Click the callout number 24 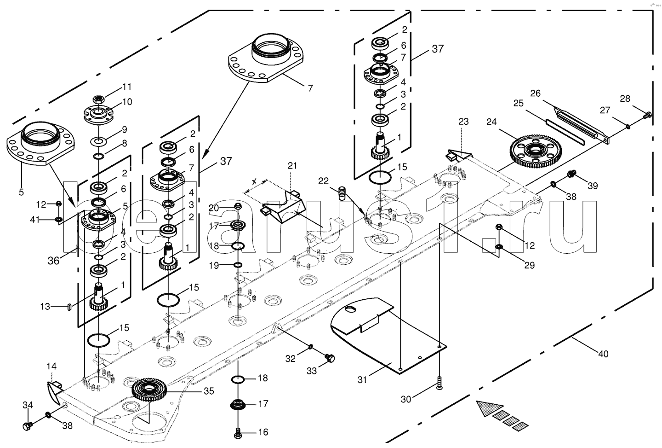point(491,122)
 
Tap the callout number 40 point(603,354)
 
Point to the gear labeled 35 point(150,390)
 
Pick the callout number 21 point(293,165)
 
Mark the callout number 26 point(535,93)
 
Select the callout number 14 point(51,367)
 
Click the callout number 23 point(463,122)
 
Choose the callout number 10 point(127,102)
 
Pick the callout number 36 point(54,261)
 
